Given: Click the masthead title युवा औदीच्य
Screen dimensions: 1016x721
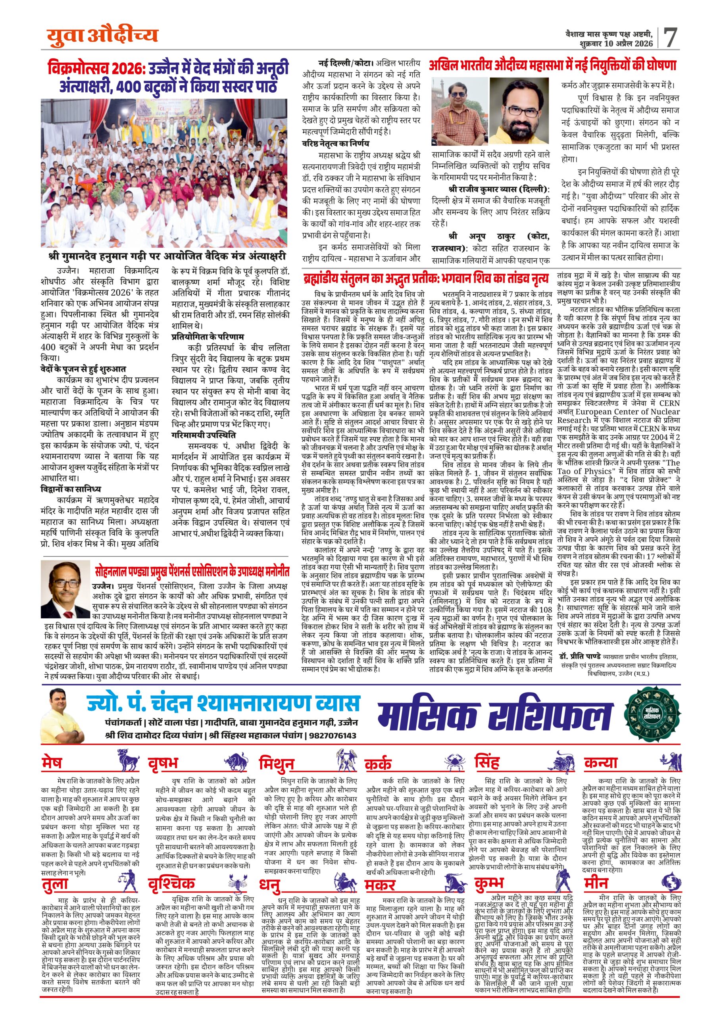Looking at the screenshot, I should coord(103,34).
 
